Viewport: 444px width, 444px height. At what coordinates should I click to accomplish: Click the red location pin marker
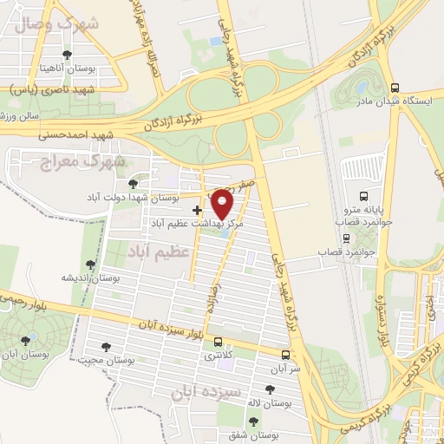click(223, 205)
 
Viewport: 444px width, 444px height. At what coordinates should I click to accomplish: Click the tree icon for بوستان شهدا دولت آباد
click(133, 184)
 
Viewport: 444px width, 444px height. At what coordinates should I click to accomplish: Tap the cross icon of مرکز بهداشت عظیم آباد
click(198, 209)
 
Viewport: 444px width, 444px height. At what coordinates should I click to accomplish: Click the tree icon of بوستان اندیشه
click(90, 264)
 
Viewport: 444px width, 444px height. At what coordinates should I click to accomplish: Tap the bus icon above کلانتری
click(217, 342)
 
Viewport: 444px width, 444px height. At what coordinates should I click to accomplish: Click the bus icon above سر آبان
click(285, 354)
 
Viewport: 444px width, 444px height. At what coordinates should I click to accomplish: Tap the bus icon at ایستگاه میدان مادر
click(395, 88)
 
